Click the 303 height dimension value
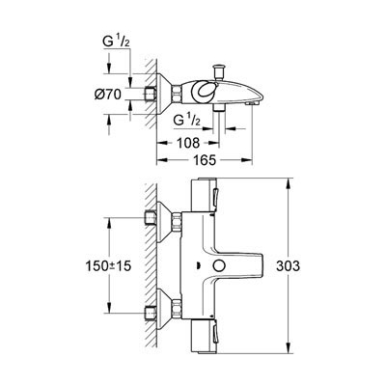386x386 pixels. point(289,266)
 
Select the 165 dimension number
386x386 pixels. point(205,160)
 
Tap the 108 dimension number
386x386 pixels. point(189,143)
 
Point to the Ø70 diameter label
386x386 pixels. point(108,95)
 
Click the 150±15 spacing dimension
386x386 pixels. point(109,266)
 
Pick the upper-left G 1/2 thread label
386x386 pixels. point(117,41)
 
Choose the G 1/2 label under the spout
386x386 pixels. point(187,121)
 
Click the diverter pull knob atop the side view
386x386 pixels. point(220,72)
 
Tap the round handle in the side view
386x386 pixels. point(204,91)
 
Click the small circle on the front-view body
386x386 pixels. point(219,266)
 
